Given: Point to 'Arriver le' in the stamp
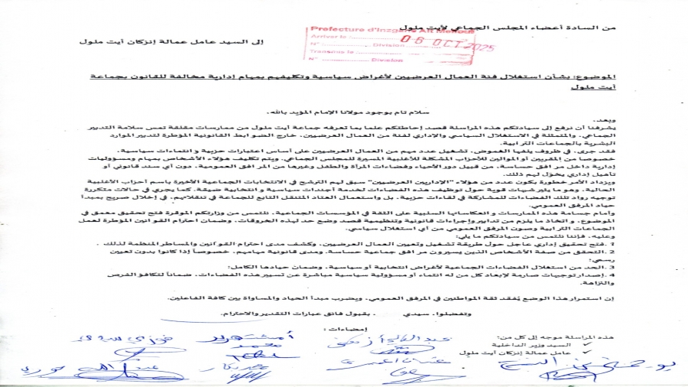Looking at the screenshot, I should [x=326, y=36].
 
